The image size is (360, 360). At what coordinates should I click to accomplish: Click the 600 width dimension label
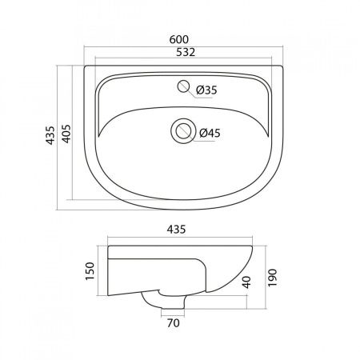click(179, 39)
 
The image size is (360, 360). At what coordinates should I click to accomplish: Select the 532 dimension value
click(186, 52)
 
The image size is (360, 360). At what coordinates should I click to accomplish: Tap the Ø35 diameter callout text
click(206, 90)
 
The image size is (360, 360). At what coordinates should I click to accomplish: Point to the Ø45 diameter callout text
click(210, 133)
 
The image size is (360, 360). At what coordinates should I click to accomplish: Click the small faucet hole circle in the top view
click(183, 86)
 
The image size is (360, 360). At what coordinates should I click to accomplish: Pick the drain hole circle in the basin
click(182, 131)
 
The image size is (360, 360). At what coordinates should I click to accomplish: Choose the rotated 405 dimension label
click(66, 134)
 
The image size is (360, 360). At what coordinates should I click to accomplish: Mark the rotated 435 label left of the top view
click(50, 135)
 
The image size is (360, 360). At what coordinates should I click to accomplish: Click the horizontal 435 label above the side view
click(176, 230)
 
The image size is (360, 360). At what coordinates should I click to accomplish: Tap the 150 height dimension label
click(90, 271)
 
